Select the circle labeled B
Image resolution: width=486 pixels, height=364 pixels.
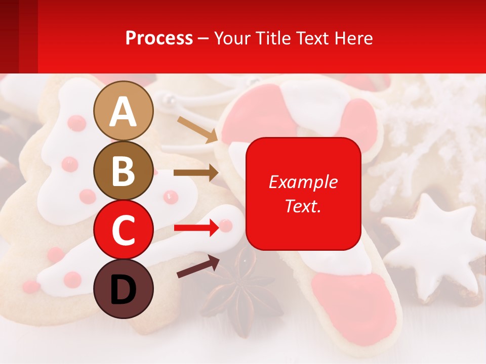124,170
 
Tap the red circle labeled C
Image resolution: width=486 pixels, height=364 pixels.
124,230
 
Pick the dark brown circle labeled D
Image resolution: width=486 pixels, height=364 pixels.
124,289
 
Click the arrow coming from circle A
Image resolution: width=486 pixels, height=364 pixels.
197,129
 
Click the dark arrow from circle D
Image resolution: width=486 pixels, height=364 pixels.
198,267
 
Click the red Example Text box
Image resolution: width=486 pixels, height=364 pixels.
303,194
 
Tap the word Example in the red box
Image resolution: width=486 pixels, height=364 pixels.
303,182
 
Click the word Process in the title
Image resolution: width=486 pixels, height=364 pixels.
159,38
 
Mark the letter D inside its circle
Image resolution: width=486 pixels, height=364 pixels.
124,289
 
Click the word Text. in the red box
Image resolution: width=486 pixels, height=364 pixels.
303,206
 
